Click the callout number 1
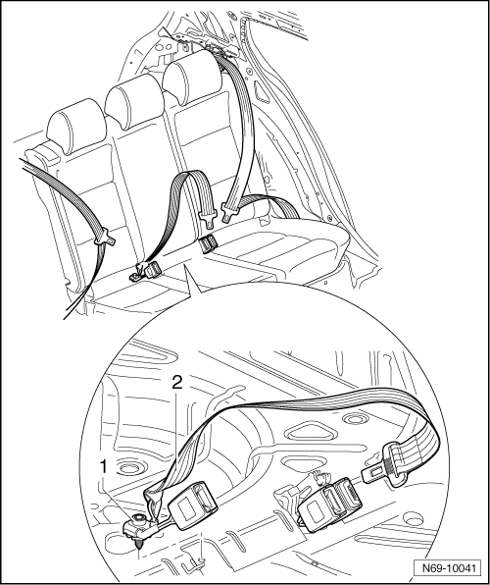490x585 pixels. coord(104,467)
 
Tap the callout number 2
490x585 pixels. coord(177,383)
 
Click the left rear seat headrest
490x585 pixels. coord(76,125)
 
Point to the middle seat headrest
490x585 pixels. coord(134,100)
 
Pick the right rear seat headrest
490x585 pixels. coord(192,78)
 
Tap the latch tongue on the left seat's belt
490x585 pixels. coord(105,239)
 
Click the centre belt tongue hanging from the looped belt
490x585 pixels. coord(208,219)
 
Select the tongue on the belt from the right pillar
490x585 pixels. coord(230,212)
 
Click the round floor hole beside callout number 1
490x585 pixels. coord(127,468)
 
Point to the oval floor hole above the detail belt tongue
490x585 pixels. coord(356,419)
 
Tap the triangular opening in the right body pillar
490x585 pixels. coord(263,91)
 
